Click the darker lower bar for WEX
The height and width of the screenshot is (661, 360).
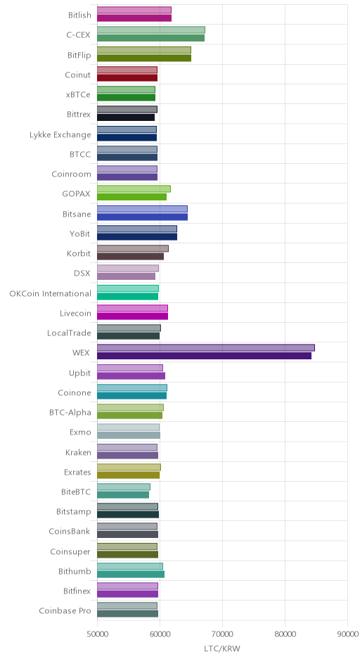click(204, 356)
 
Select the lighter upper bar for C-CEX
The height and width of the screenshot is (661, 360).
click(151, 30)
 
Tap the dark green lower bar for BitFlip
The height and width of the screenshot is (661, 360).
click(143, 58)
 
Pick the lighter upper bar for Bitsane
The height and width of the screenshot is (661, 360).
click(142, 209)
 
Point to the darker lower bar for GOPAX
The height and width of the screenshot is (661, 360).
click(131, 197)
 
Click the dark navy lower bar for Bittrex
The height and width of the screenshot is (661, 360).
click(126, 117)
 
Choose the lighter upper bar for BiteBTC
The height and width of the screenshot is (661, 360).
click(124, 487)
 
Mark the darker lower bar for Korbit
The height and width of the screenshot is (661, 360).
click(130, 256)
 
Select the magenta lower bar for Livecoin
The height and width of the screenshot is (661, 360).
click(132, 316)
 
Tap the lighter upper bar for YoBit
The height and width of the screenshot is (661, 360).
click(137, 229)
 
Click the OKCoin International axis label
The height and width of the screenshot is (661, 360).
click(50, 293)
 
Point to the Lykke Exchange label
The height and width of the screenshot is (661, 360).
click(60, 135)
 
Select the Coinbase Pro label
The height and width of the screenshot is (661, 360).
click(65, 611)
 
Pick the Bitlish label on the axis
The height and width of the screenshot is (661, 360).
click(79, 15)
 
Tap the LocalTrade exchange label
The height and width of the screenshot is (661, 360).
click(69, 333)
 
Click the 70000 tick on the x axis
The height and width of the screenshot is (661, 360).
click(223, 634)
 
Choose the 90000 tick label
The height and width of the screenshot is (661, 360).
click(348, 634)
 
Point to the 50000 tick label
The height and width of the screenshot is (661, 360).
click(97, 634)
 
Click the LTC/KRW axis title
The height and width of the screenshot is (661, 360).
click(222, 648)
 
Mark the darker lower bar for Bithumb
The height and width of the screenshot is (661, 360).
click(131, 575)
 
